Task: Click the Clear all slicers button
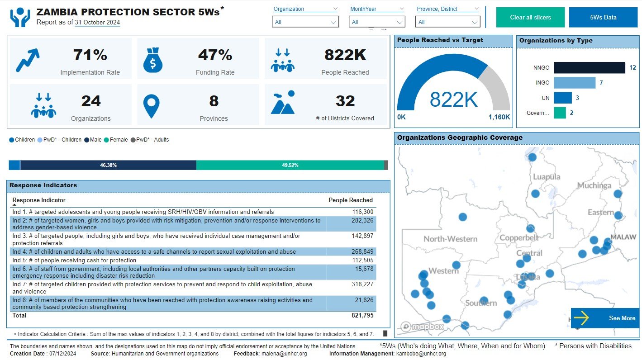(530, 18)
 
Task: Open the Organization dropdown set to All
(305, 22)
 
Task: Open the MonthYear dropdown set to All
(377, 22)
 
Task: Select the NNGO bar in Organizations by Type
(589, 68)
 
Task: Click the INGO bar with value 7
(574, 83)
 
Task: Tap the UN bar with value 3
(562, 98)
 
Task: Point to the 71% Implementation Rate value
(90, 55)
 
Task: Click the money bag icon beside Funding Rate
(153, 60)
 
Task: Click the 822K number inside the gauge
(453, 99)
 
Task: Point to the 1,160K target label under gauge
(499, 117)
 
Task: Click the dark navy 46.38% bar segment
(108, 165)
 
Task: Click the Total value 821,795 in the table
(362, 316)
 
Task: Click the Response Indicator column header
(39, 200)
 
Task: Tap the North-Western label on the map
(450, 239)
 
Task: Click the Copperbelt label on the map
(519, 238)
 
